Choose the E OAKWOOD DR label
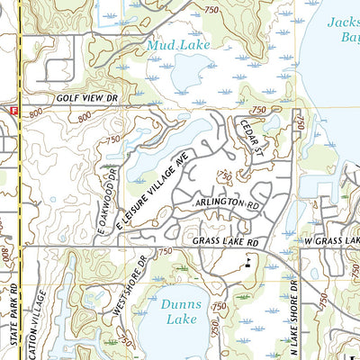(x=106, y=204)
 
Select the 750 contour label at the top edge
(x=211, y=8)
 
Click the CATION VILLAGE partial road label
(x=39, y=324)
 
